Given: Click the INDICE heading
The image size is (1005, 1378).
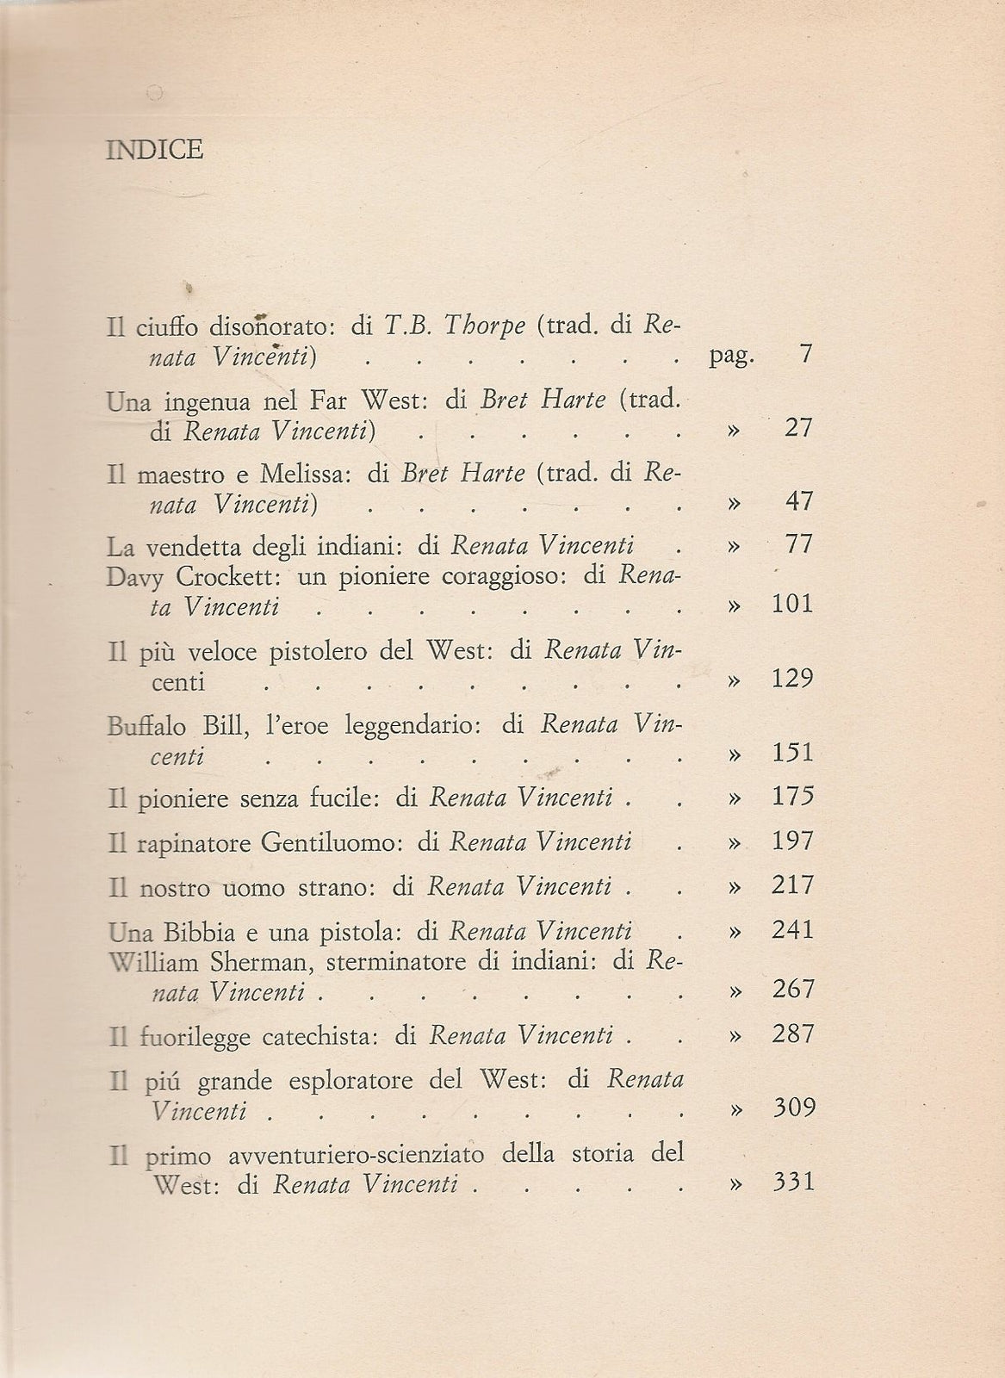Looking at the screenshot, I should tap(155, 151).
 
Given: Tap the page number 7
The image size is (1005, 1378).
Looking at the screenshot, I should tap(805, 355).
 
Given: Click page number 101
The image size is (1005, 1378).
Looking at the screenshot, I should tap(793, 604).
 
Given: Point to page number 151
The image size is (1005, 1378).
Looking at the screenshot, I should tap(793, 753).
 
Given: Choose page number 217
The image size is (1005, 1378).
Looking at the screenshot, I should tap(793, 885).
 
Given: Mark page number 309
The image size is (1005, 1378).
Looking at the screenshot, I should tap(793, 1107).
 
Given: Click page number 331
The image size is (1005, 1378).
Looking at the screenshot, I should tap(793, 1181).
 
